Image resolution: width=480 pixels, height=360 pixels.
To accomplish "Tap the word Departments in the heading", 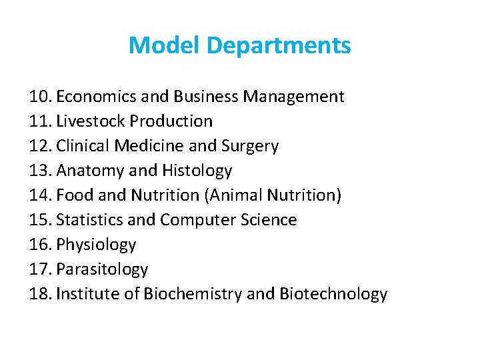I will (279, 46).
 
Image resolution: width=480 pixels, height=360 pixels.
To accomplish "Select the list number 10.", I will (41, 97).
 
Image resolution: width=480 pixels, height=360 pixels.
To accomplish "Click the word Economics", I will (97, 97).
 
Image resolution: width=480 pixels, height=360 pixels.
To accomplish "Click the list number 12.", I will (41, 146).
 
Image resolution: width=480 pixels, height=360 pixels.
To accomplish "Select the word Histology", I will (197, 171).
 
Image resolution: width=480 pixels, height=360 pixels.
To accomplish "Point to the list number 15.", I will (41, 220).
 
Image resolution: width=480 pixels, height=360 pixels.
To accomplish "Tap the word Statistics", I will (89, 220).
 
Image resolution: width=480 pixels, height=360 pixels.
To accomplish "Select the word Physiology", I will (96, 245).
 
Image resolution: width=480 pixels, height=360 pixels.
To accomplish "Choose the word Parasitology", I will (102, 269).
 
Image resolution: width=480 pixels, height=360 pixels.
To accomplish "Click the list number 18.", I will (41, 294).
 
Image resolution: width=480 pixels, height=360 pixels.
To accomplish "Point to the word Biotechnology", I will (333, 294).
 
